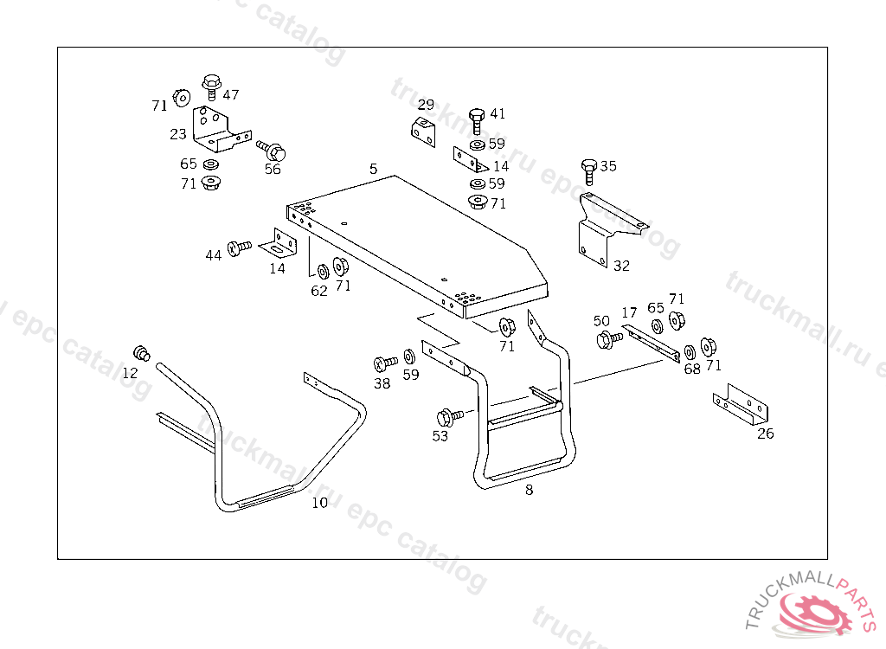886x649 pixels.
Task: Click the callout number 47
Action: tap(230, 94)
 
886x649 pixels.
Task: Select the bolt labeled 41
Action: tap(477, 120)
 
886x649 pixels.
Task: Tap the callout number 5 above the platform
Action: tap(373, 169)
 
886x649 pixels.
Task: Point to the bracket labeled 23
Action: tap(221, 130)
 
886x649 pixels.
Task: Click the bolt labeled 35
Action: tap(588, 171)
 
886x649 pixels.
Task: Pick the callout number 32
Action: tap(621, 266)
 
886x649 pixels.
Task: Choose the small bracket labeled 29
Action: tap(423, 132)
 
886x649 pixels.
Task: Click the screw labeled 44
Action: tap(239, 247)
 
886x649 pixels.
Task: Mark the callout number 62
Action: tap(319, 291)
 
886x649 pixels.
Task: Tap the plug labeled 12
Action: tap(142, 353)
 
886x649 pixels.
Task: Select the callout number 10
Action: tap(320, 502)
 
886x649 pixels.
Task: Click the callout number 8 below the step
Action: tap(529, 490)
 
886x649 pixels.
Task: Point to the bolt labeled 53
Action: tap(449, 417)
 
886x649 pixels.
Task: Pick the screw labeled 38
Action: tap(385, 363)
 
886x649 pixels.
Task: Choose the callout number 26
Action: tap(766, 434)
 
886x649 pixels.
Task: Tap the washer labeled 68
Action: tap(690, 352)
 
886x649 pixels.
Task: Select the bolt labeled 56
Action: tap(272, 150)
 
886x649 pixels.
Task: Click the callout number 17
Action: tap(629, 312)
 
